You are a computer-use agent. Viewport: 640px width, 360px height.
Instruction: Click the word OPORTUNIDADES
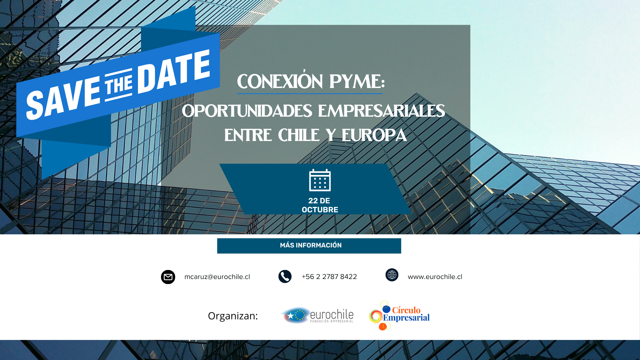(x=247, y=111)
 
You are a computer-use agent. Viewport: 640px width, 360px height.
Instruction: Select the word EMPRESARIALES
(x=382, y=111)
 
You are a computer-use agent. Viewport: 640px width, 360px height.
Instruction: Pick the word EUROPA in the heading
(x=374, y=135)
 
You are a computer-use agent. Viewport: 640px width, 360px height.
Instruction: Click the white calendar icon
(x=320, y=180)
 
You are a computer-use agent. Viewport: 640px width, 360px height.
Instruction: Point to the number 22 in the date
(x=313, y=201)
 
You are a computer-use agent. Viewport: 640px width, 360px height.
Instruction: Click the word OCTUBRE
(x=320, y=210)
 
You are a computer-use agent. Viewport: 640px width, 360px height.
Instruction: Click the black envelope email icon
(x=168, y=277)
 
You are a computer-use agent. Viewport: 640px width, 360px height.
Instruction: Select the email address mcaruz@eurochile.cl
(x=217, y=277)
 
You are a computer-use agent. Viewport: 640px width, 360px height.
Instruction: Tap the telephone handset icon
(x=285, y=277)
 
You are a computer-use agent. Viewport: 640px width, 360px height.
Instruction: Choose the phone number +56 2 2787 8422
(x=329, y=277)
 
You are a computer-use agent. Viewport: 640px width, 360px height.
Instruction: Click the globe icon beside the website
(x=392, y=275)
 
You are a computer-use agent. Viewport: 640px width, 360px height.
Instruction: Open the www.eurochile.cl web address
(x=435, y=277)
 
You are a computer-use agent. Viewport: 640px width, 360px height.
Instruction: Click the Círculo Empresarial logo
(x=399, y=315)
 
